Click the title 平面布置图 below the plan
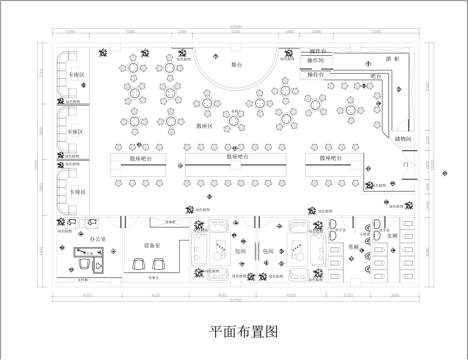(x=236, y=329)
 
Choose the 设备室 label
(x=152, y=244)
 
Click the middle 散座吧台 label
(x=237, y=157)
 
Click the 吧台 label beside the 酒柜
(x=376, y=75)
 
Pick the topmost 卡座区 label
(x=76, y=76)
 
